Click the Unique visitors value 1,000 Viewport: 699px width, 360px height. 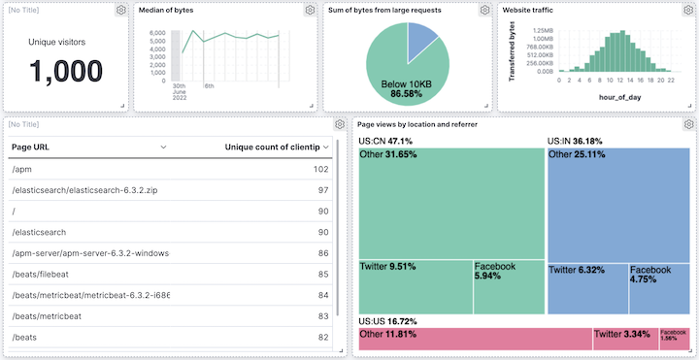66,71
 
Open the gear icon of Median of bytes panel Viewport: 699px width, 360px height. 310,10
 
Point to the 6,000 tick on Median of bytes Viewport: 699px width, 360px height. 156,33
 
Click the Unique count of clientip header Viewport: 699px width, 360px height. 277,147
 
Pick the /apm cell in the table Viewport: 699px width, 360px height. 21,169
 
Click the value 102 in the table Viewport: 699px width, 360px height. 320,169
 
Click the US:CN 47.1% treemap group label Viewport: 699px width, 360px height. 385,141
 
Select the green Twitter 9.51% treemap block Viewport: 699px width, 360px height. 416,287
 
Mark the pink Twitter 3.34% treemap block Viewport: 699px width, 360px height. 625,339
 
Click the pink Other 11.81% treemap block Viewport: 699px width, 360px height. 475,339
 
